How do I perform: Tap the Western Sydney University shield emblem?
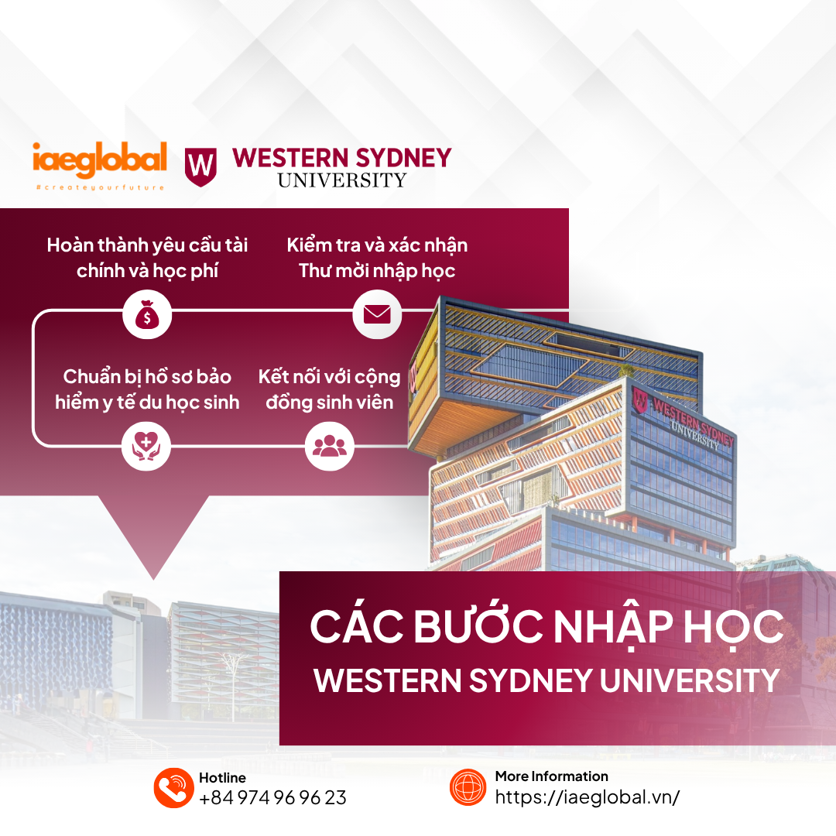pos(200,167)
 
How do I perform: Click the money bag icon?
pos(147,314)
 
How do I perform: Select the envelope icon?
pos(377,314)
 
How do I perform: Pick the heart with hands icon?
pos(146,446)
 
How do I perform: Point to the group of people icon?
pos(330,446)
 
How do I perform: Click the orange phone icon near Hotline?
pos(174,787)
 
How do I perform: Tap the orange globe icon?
pos(468,787)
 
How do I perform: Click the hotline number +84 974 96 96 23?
pos(272,797)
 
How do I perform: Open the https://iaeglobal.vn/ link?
pos(587,797)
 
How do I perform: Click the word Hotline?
pos(222,777)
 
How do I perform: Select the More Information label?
pos(551,776)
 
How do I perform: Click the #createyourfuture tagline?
pos(100,187)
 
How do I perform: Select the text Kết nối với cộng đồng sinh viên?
pos(330,389)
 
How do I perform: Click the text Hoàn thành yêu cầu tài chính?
pos(147,258)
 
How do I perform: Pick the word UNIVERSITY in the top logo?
pos(342,180)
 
